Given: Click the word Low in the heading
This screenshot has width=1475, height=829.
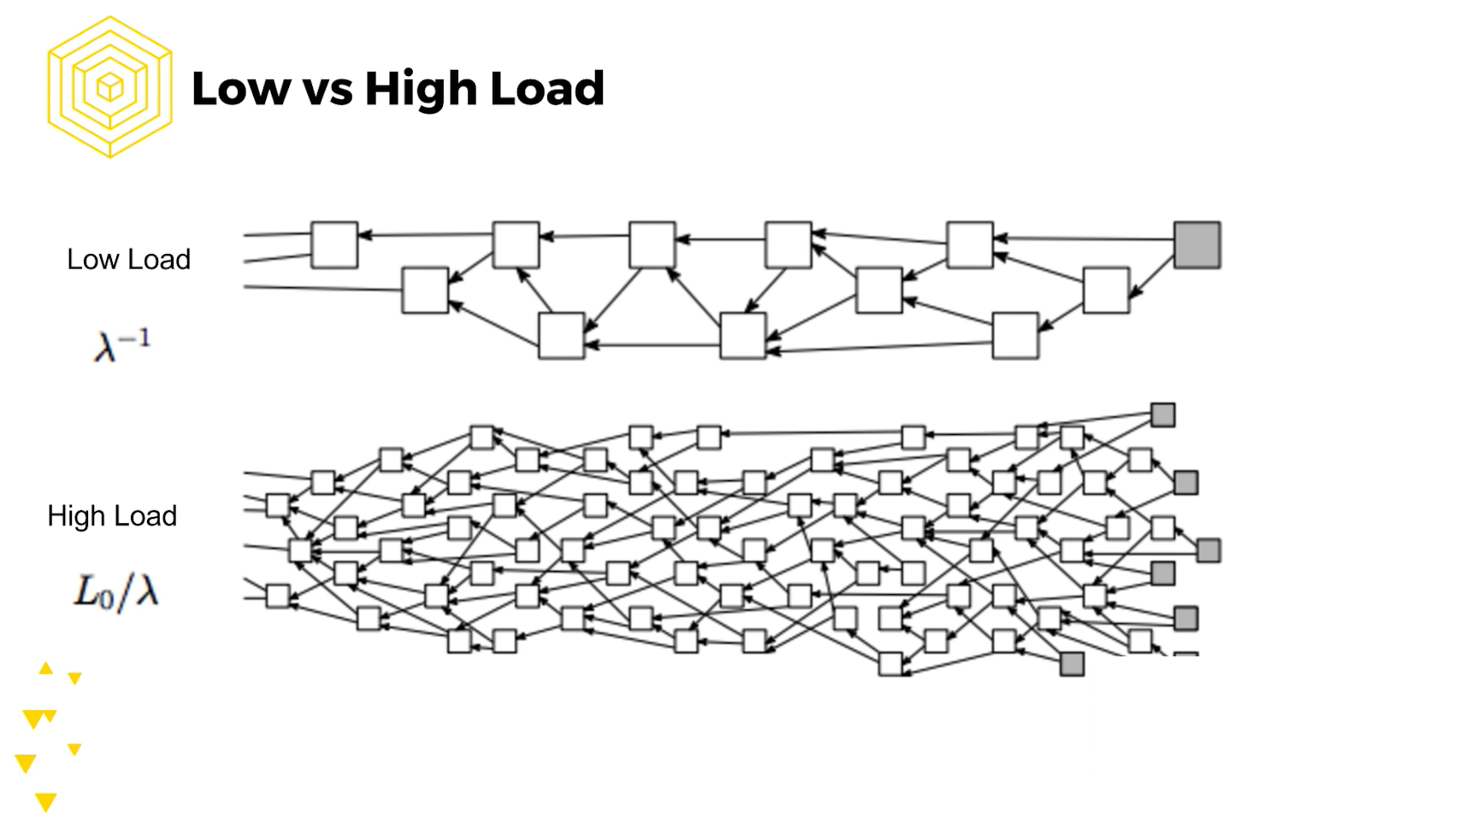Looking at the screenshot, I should pos(240,89).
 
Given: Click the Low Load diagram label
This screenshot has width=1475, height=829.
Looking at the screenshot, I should pos(128,260).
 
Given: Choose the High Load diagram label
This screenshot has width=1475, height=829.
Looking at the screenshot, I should pos(112,516).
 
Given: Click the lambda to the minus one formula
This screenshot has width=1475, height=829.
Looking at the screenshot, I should pos(121,345).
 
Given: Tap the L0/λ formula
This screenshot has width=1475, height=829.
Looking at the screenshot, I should pos(116,591).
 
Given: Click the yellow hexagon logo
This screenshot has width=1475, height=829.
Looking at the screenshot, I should pos(109,87).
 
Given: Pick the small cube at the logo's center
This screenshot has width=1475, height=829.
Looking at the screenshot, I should pos(109,87).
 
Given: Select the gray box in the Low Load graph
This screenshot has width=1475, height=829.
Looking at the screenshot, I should pos(1196,245).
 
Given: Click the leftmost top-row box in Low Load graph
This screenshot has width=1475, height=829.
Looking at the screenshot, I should pos(334,245).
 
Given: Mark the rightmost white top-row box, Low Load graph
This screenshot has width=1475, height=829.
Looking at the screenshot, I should pos(970,245).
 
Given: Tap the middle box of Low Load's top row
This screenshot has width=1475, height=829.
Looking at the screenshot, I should pos(652,245).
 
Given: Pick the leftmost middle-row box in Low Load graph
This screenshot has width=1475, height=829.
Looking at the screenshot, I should pos(425,291).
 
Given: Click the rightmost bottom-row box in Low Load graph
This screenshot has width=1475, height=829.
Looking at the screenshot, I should pos(1015,336).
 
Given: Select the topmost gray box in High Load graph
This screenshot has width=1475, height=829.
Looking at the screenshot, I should pos(1163,415).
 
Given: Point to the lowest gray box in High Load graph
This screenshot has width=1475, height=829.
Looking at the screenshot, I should pos(1072,664).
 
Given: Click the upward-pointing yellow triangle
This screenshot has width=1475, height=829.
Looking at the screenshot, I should pos(46,668).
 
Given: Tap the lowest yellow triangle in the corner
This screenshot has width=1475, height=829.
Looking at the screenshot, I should pos(46,802).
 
